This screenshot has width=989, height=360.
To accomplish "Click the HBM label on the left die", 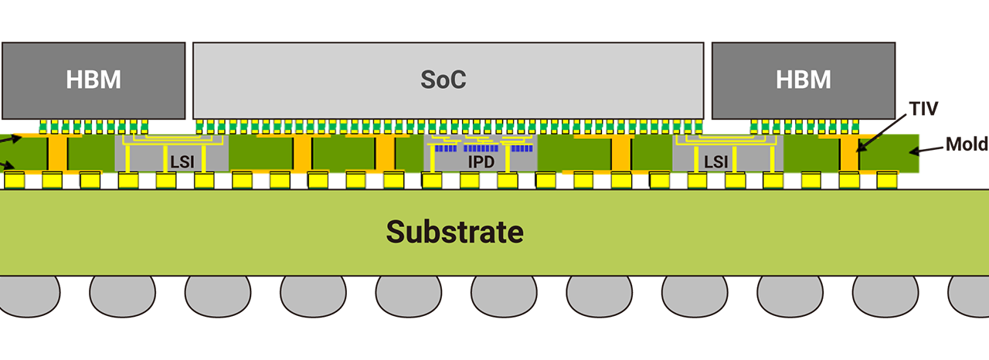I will click(x=93, y=80).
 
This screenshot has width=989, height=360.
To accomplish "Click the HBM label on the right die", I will click(x=803, y=80).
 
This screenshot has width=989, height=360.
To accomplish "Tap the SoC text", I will click(x=443, y=80).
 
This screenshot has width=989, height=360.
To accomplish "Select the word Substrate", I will click(x=454, y=232).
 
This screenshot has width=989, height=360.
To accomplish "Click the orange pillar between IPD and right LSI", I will click(x=620, y=155).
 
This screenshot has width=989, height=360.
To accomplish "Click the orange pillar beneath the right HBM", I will click(x=848, y=155).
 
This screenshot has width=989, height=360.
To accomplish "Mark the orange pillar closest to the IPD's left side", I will click(x=385, y=155).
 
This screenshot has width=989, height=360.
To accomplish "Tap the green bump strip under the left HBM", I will click(x=94, y=127).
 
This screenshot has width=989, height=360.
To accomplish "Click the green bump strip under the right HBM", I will click(x=804, y=127).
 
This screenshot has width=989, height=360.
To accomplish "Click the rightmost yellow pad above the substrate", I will click(x=886, y=181).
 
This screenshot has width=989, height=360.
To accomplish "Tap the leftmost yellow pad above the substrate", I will click(x=14, y=181).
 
